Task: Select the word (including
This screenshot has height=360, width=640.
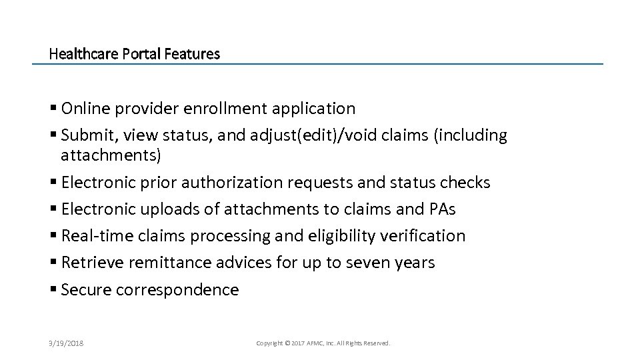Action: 471,135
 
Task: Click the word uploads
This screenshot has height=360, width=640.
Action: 167,209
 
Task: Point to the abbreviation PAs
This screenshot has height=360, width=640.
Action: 441,209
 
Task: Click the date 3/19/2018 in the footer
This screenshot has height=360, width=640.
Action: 66,343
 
